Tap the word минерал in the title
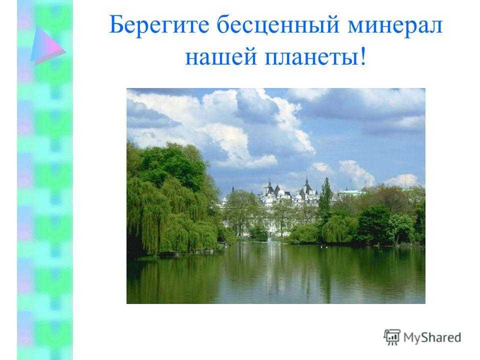tap(395, 25)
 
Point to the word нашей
tap(220, 57)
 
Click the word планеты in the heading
tap(311, 57)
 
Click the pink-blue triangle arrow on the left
tap(47, 46)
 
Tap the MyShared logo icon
tap(392, 337)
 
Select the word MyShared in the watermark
tap(432, 337)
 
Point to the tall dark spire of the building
tap(306, 183)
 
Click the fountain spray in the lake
tap(269, 237)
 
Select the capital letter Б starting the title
tap(116, 25)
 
